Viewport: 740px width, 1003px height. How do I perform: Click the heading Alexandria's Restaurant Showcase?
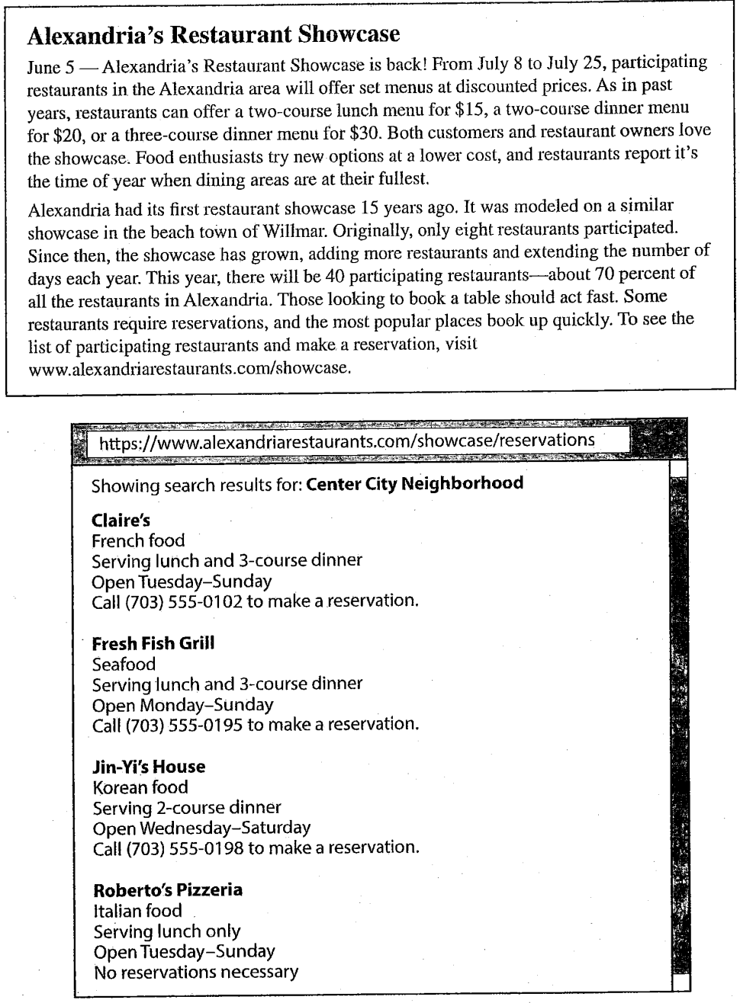point(213,34)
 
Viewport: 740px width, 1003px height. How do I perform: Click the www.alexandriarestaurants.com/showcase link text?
point(189,369)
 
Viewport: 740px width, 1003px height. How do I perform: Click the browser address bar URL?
point(347,441)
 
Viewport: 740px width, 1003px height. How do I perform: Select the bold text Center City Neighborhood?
point(414,483)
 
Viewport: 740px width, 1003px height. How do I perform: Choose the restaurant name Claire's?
point(121,521)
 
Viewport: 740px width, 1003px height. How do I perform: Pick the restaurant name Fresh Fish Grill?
point(153,643)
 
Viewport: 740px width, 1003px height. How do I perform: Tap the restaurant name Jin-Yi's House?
point(149,767)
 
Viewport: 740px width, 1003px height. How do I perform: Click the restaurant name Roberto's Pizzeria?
point(168,889)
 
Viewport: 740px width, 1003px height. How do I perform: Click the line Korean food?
point(140,787)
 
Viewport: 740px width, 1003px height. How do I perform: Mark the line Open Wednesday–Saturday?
point(201,828)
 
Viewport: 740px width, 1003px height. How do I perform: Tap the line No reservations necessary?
point(196,972)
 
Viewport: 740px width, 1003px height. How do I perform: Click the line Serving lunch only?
point(167,931)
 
